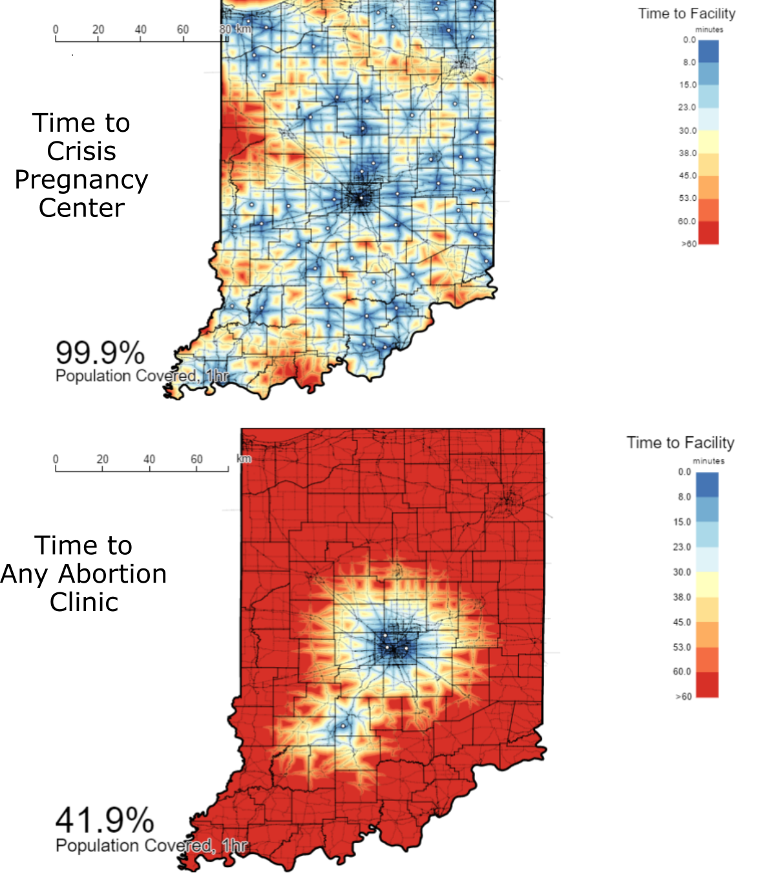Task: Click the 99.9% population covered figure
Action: point(100,353)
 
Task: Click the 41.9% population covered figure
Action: point(105,820)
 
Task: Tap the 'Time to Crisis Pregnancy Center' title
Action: point(81,165)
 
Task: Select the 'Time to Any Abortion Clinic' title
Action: point(84,574)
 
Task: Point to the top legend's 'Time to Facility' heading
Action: point(687,14)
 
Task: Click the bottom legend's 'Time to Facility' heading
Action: point(680,442)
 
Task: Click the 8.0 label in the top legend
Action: point(690,62)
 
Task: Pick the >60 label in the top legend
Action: point(689,244)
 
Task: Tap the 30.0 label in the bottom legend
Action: point(682,572)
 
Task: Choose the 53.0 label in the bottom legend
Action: point(682,647)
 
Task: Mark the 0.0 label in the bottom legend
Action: point(684,472)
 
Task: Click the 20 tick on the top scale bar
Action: point(98,29)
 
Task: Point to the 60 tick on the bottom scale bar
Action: point(196,459)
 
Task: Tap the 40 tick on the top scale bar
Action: point(141,29)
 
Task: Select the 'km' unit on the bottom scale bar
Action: point(244,459)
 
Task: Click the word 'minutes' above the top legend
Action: point(709,30)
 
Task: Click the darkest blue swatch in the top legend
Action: point(709,51)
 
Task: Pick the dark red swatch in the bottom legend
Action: point(707,685)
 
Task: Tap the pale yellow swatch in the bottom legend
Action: point(707,585)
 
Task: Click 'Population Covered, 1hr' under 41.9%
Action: point(152,846)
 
